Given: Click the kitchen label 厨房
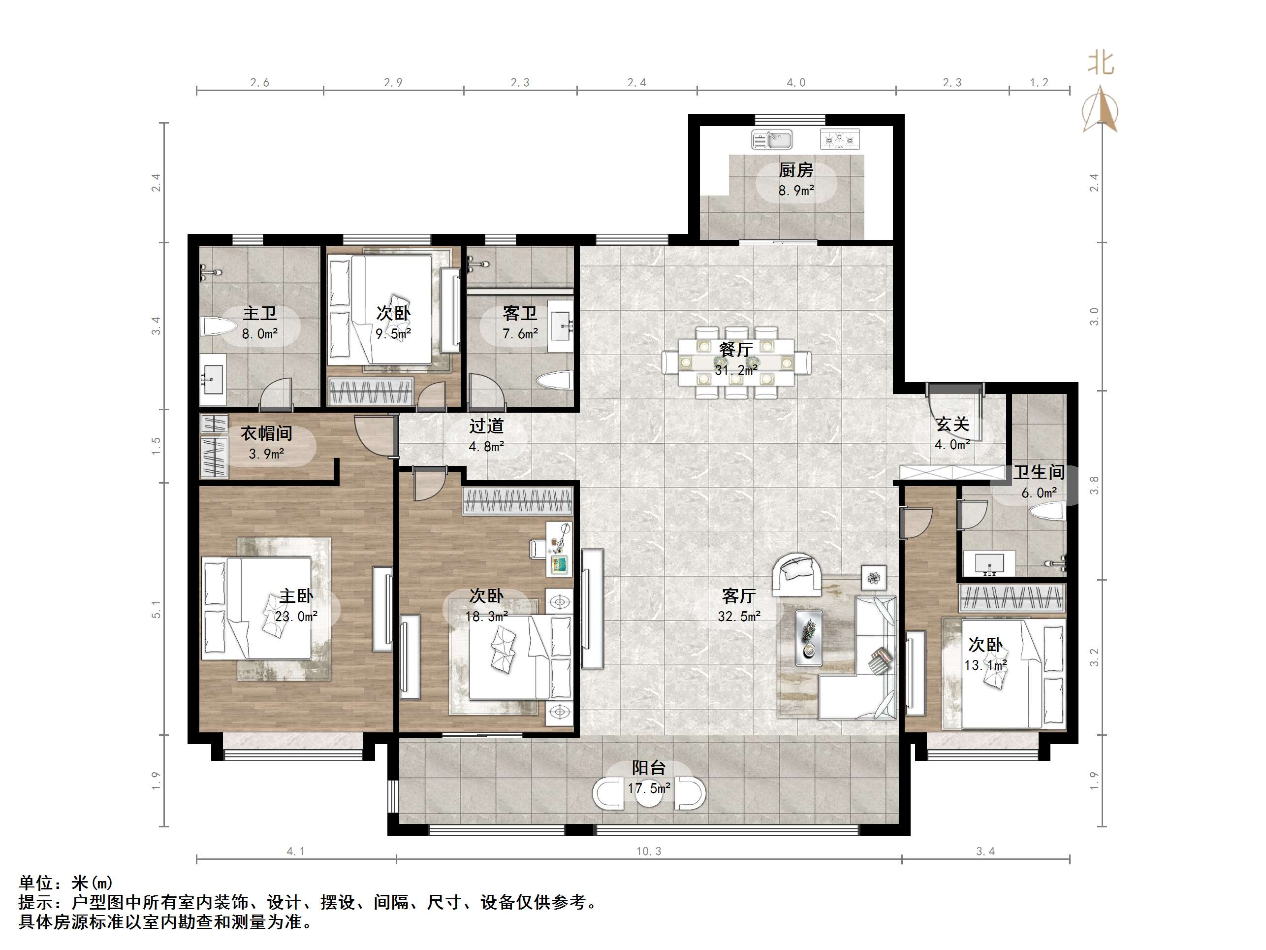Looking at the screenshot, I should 795,170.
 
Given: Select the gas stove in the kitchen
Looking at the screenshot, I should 840,139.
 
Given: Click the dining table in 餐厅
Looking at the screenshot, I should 736,362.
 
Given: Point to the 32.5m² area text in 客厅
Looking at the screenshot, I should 739,616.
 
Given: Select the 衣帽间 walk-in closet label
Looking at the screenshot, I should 266,433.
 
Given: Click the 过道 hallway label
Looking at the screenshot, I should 486,426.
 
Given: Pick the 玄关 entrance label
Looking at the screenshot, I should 952,425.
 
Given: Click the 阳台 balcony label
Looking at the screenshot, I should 648,768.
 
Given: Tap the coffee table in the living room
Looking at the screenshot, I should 809,637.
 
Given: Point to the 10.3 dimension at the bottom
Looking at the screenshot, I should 648,852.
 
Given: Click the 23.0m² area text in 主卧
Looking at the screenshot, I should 296,616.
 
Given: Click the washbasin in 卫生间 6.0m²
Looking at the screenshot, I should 989,563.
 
